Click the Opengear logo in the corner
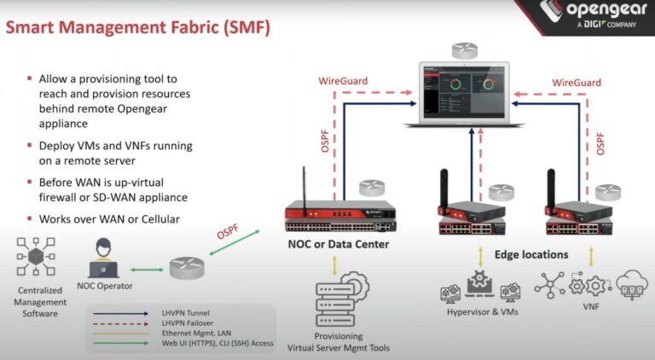point(588,20)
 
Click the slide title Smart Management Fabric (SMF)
point(138,28)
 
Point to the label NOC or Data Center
point(338,244)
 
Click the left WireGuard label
point(343,81)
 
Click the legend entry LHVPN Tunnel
point(186,312)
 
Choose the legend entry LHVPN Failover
point(188,322)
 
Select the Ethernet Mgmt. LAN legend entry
point(193,333)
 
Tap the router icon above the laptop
point(465,49)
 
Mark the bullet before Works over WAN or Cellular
point(29,219)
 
